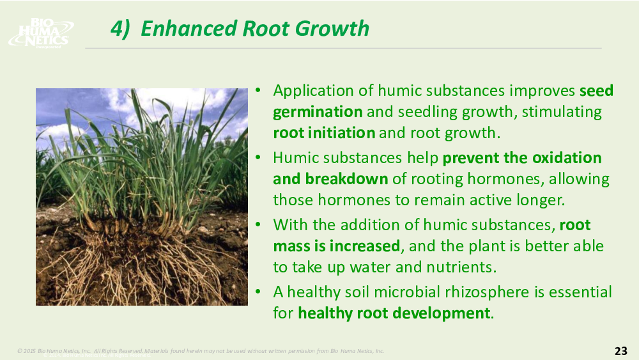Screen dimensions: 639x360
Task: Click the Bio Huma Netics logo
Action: [x=41, y=33]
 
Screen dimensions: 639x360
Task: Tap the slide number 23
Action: [x=620, y=350]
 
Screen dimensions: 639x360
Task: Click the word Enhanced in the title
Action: [x=189, y=29]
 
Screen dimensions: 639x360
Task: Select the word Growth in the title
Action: [x=332, y=29]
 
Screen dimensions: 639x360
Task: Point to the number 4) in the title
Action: [x=120, y=29]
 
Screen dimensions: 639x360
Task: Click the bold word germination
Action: [x=318, y=112]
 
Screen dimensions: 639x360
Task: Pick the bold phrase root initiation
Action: [x=324, y=133]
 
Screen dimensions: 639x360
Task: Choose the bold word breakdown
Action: [x=346, y=179]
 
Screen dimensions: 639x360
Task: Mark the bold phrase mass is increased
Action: [x=337, y=246]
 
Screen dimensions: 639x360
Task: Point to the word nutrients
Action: [x=461, y=267]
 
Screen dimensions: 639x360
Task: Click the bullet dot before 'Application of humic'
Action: [x=258, y=90]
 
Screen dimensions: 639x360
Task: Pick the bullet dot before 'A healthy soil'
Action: [x=258, y=292]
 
